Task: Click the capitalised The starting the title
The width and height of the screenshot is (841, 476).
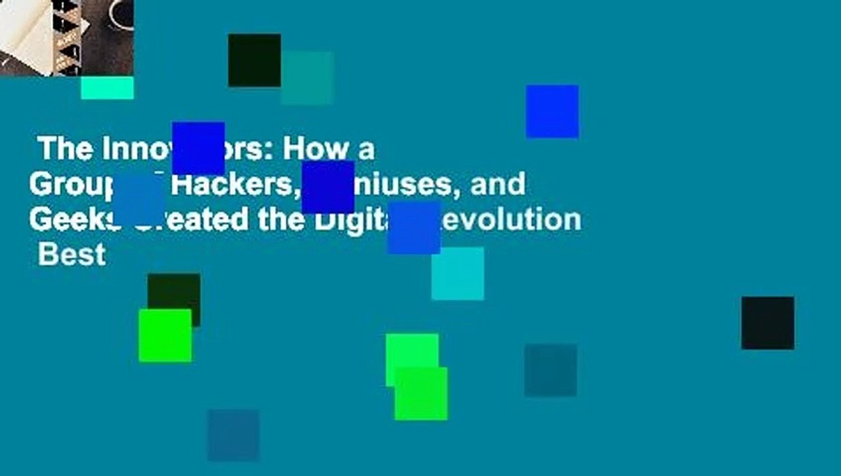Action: [65, 150]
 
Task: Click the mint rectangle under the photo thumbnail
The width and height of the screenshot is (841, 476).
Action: [107, 88]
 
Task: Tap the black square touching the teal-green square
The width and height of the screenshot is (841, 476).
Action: [254, 59]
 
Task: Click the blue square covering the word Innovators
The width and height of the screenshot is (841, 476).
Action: [198, 148]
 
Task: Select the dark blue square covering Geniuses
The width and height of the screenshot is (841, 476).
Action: [328, 187]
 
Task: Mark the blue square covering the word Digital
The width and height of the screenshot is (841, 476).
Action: [414, 228]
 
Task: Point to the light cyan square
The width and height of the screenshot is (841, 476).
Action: [458, 274]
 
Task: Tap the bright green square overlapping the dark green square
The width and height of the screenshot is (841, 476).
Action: [165, 336]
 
